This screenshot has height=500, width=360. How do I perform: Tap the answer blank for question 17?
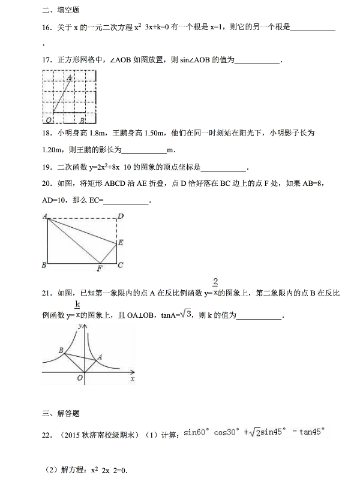coord(258,61)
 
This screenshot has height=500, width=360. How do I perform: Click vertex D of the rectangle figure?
coord(120,216)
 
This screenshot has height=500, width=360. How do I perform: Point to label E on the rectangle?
coord(120,243)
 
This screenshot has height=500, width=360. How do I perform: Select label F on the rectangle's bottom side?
coord(99,268)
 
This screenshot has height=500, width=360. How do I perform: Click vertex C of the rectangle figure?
coord(120,264)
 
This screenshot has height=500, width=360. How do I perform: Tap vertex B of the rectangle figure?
coord(44,264)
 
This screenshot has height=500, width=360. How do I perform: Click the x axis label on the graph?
coord(132,379)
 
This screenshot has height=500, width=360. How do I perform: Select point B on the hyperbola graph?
coord(61,350)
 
